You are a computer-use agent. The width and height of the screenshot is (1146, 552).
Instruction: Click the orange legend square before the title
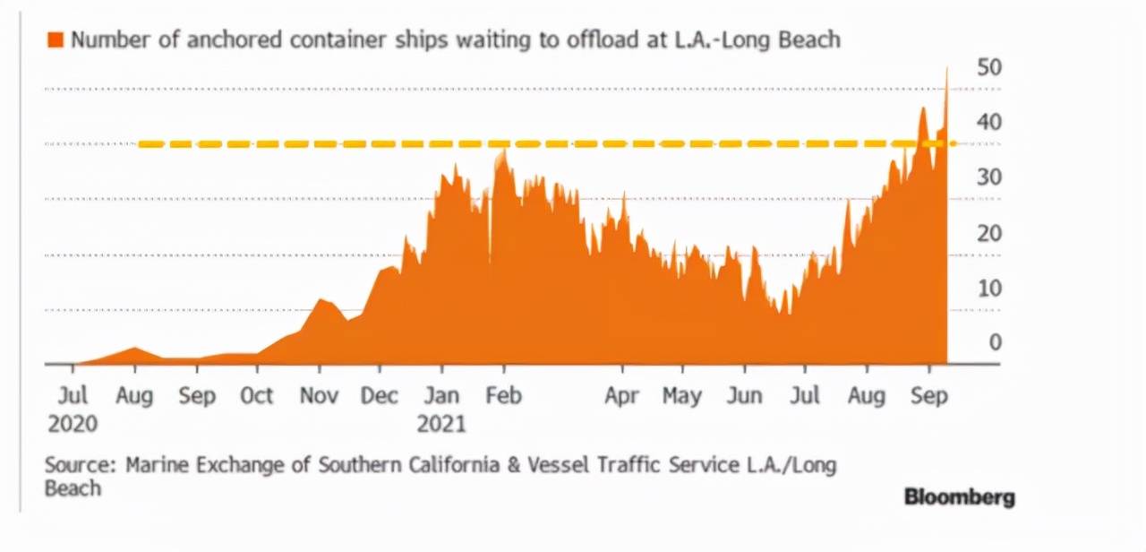pos(56,40)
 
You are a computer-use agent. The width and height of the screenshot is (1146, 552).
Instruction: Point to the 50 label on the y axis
pos(989,68)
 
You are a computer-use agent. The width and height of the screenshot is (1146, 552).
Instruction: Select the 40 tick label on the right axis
pos(989,122)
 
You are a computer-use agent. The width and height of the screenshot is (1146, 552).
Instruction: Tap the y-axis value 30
pos(989,177)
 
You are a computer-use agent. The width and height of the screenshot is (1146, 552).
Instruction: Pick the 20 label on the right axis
pos(989,233)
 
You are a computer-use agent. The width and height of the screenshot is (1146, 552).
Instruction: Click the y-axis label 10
pos(989,289)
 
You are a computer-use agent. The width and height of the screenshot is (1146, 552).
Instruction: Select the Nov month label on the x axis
pos(319,396)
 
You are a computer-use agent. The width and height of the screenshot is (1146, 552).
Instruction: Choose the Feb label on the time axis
pos(503,396)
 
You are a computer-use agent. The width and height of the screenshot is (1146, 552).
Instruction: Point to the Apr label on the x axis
pos(622,396)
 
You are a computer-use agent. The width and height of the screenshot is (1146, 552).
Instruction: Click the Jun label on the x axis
pos(744,396)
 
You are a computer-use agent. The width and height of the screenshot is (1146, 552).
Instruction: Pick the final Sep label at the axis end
pos(928,396)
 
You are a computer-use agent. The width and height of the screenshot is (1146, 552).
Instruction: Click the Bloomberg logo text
pos(959,496)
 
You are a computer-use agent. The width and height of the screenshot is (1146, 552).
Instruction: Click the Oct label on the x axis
pos(257,396)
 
